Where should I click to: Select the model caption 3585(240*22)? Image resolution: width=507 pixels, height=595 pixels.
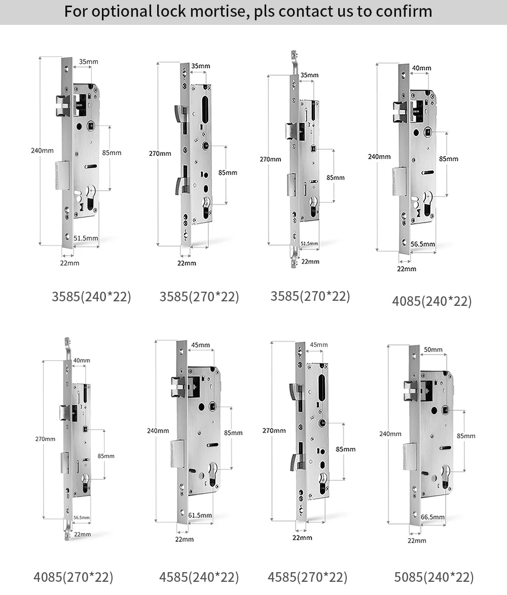coord(91,297)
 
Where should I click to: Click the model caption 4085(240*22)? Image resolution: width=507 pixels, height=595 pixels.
coord(432,301)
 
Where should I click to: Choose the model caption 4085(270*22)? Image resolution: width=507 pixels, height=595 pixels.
coord(74,577)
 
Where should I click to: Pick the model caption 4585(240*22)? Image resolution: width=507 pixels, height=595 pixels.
coord(199,577)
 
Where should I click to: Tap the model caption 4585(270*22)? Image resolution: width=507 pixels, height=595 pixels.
coord(308,577)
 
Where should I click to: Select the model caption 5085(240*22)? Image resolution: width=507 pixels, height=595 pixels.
coord(434,577)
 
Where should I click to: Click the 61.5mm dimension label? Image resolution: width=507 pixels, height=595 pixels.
coord(200,515)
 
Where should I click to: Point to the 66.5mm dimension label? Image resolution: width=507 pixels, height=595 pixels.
coord(432,517)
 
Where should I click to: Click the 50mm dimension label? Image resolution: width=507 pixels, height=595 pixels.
coord(433,349)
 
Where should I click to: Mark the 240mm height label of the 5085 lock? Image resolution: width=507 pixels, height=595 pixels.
coord(390,434)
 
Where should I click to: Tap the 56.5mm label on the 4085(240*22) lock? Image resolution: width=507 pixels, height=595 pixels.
coord(422,244)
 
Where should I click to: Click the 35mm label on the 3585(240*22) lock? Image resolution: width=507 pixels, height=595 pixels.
coord(89,62)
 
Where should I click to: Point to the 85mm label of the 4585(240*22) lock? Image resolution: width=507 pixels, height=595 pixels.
coord(233,433)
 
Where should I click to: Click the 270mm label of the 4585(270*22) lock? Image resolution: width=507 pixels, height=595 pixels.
coord(274,431)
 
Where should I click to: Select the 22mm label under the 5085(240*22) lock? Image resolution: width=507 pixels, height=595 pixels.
coord(417,540)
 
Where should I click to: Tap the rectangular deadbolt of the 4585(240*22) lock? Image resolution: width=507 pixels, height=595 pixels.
coord(177,453)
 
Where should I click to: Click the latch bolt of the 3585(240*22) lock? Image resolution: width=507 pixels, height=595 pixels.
coord(62,106)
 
